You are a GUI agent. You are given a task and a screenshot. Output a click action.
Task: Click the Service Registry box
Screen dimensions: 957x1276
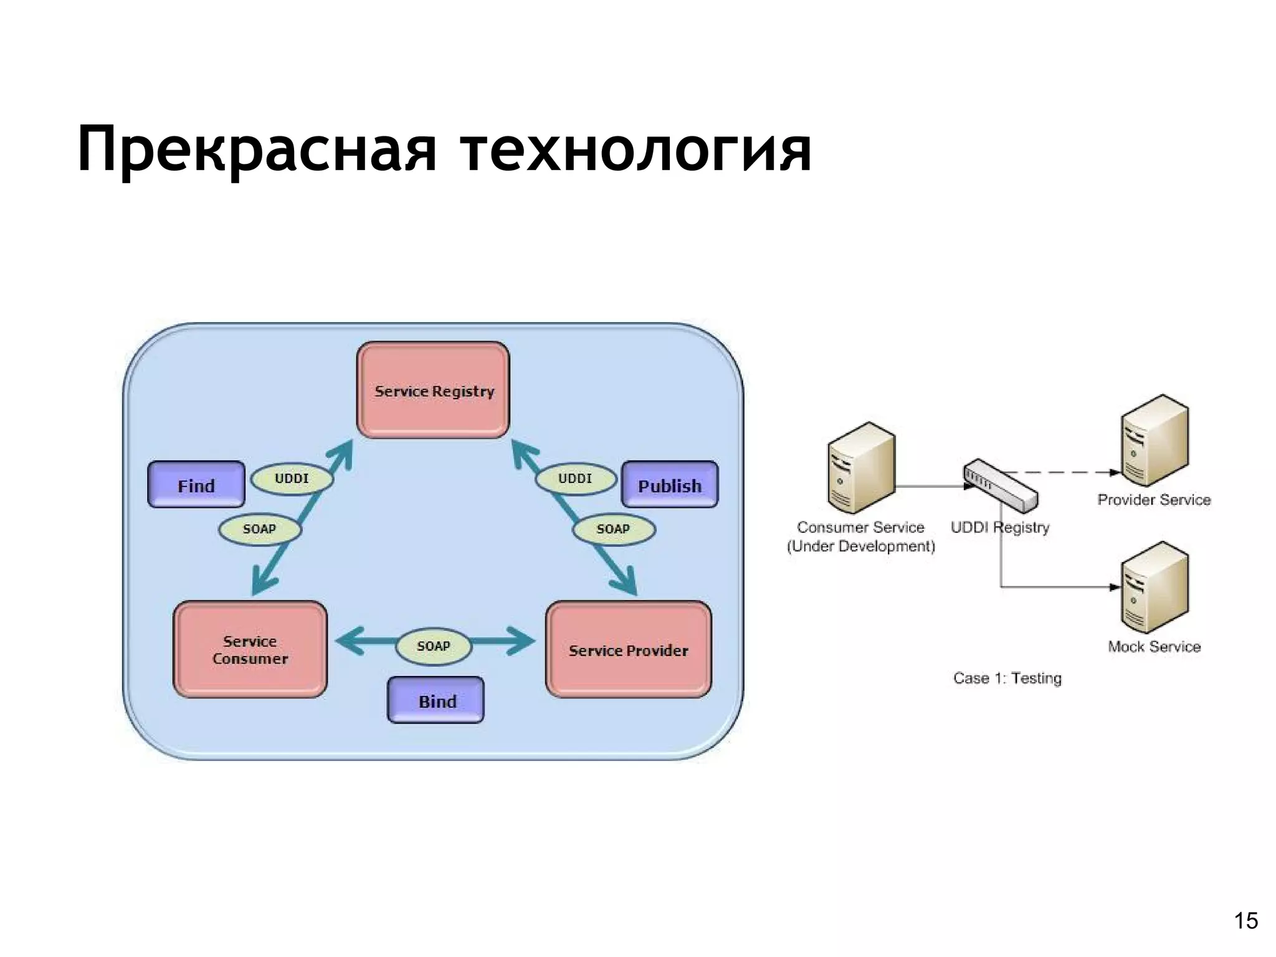[433, 390]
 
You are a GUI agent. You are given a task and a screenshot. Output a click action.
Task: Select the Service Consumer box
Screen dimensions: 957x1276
[250, 649]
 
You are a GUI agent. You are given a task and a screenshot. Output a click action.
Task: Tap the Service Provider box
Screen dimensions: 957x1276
[628, 649]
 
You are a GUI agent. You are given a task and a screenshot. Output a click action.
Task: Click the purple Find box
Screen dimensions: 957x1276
[196, 485]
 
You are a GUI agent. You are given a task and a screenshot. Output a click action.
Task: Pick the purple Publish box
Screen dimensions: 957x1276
[669, 485]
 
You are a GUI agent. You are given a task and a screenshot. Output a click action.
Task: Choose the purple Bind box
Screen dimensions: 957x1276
[436, 700]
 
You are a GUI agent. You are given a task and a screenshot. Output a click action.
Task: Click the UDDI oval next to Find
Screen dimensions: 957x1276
[292, 478]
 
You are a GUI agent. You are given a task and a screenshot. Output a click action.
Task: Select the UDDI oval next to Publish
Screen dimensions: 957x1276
[575, 478]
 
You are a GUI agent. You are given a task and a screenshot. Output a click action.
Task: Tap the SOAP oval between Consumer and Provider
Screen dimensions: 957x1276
[434, 646]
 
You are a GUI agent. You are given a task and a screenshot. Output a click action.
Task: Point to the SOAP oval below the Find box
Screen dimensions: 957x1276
[259, 529]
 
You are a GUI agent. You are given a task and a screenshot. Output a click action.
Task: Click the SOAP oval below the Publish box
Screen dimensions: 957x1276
[613, 529]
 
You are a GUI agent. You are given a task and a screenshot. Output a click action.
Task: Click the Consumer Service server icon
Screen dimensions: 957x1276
[861, 467]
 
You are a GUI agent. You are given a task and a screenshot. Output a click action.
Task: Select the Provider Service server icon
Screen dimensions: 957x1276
[1154, 440]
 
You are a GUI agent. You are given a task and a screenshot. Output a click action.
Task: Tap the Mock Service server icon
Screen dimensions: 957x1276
[1154, 588]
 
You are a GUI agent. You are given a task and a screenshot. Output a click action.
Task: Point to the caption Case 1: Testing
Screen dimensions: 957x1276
[1007, 678]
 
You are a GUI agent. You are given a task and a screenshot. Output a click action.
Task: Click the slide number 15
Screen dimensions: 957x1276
[1245, 921]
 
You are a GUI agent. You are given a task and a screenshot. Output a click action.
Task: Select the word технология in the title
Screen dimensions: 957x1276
[636, 150]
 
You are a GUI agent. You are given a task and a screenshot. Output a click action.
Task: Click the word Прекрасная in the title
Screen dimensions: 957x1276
[257, 150]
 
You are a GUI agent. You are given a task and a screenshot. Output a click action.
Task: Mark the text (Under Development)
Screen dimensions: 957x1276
[861, 546]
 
